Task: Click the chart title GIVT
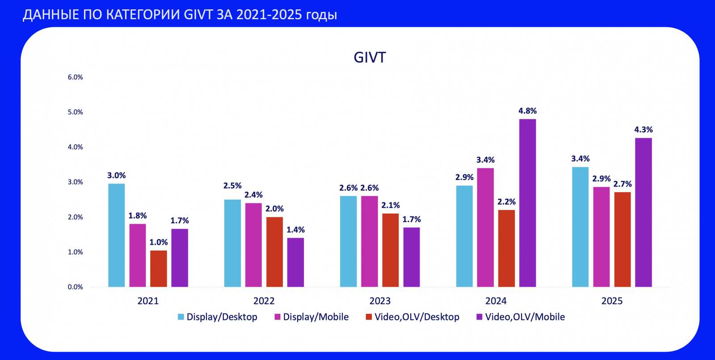point(370,58)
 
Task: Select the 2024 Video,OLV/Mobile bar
point(527,203)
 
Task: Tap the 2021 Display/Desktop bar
point(116,235)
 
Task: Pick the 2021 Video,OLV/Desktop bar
point(159,269)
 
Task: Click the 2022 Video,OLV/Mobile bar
point(295,263)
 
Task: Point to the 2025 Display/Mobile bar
point(601,237)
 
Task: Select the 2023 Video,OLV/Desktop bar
point(391,250)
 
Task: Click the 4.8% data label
point(527,111)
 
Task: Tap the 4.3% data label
point(643,130)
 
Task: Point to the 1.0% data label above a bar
point(159,243)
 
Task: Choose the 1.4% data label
point(295,230)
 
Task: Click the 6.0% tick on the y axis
point(75,77)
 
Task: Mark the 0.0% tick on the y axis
point(75,287)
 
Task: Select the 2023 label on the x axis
point(380,301)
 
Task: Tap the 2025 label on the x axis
point(612,301)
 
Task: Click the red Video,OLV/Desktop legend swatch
point(369,317)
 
